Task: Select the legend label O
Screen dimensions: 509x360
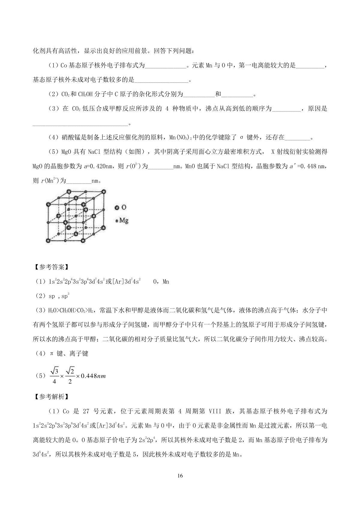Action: click(x=124, y=207)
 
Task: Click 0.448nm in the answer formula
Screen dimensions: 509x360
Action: click(x=94, y=376)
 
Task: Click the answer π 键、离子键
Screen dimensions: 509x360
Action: click(x=69, y=354)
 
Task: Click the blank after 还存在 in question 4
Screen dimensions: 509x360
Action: click(x=298, y=138)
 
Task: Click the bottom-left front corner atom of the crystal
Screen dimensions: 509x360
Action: click(x=48, y=241)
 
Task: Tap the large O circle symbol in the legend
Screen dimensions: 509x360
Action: click(x=117, y=207)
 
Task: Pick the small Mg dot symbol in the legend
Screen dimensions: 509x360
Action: click(x=117, y=221)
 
